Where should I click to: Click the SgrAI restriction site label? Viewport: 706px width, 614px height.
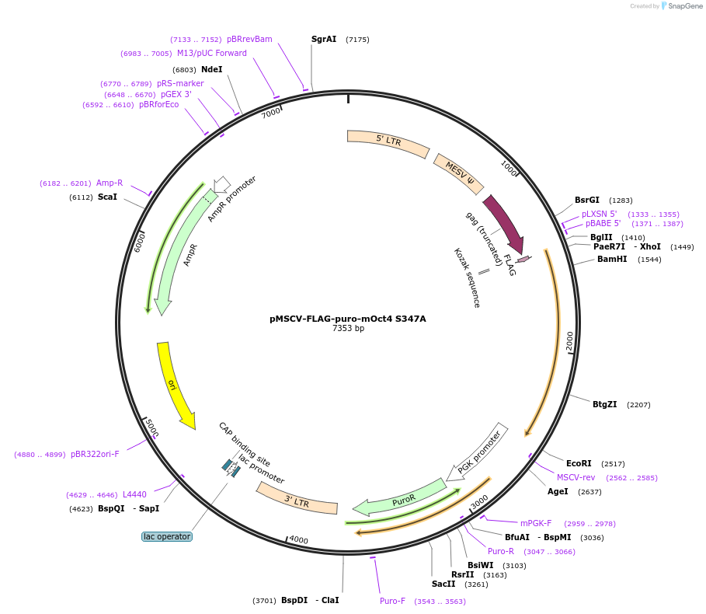[324, 39]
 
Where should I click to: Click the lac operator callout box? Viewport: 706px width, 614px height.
[167, 536]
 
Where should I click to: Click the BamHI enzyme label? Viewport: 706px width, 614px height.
[611, 260]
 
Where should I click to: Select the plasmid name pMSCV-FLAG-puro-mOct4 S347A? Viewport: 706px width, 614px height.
[348, 318]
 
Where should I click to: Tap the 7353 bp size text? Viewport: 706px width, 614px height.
[348, 329]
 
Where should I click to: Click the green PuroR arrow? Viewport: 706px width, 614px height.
[400, 499]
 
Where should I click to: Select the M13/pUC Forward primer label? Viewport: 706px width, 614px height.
[212, 54]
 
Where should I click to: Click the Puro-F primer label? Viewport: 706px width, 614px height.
[392, 601]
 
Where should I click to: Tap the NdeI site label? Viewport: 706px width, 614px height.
[211, 69]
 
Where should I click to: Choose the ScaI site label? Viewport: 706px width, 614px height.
[107, 197]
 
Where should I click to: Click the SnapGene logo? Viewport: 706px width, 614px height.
[681, 6]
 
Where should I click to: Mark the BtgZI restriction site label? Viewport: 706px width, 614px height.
[604, 405]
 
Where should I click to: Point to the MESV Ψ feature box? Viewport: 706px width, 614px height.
[459, 174]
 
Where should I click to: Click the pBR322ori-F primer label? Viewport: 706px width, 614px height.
[95, 455]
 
